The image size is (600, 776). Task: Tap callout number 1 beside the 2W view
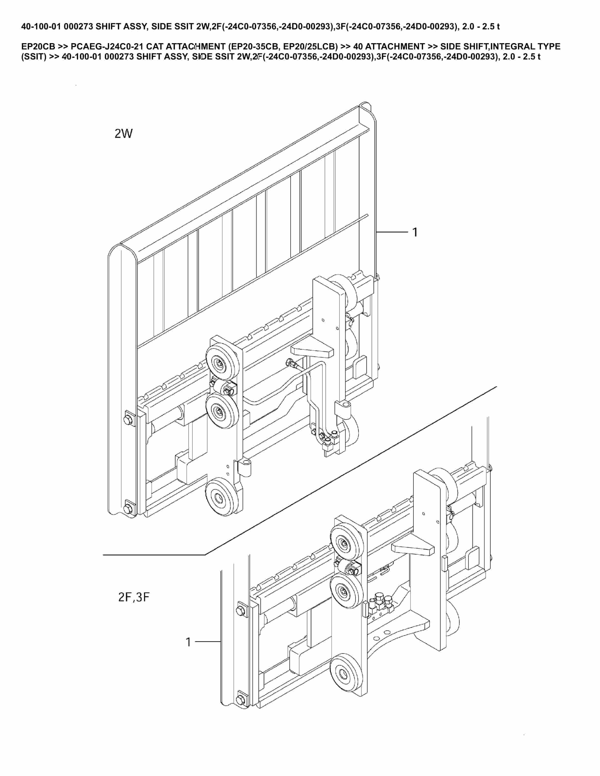coord(414,232)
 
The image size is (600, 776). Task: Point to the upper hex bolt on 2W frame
coord(128,420)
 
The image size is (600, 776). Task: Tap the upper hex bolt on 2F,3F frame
coord(240,610)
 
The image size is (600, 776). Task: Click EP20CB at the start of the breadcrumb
coord(37,47)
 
